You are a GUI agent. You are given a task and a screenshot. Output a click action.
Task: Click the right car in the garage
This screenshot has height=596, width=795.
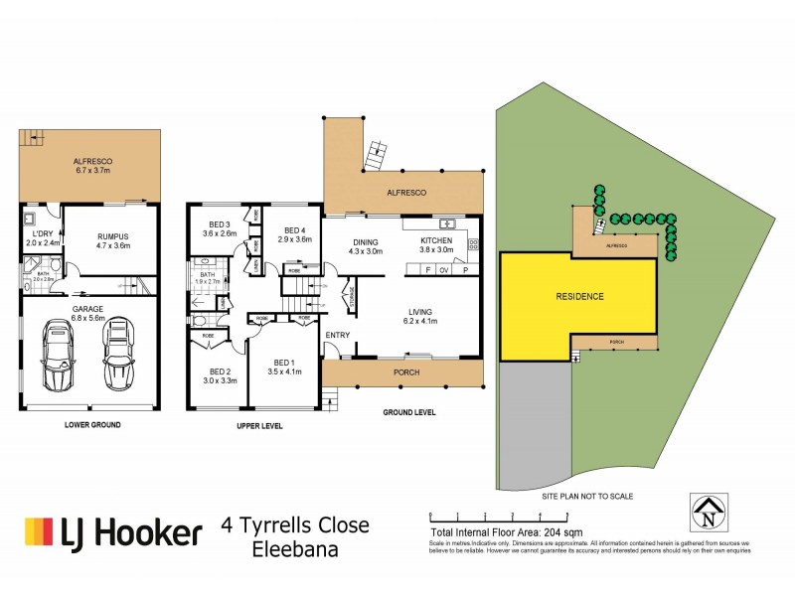(x=119, y=357)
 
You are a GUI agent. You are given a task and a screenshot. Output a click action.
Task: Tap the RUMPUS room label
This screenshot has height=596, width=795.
(x=113, y=236)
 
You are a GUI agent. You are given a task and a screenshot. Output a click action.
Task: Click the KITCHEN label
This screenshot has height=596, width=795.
(x=436, y=240)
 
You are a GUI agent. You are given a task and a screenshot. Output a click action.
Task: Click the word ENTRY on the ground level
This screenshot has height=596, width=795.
(x=339, y=335)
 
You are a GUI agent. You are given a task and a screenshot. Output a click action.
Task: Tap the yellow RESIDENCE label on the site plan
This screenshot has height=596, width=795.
(x=578, y=296)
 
